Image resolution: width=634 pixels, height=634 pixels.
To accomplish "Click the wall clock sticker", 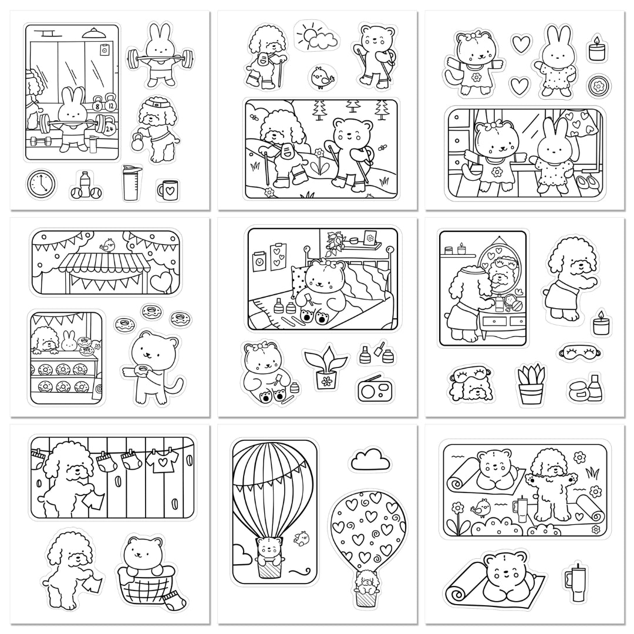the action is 41,184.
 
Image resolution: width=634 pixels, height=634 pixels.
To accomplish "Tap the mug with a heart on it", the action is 168,189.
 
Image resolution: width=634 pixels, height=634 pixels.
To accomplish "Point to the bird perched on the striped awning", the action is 108,245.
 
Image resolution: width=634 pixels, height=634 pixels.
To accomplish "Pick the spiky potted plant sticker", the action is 530,385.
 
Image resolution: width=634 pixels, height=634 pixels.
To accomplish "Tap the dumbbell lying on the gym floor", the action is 40,141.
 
